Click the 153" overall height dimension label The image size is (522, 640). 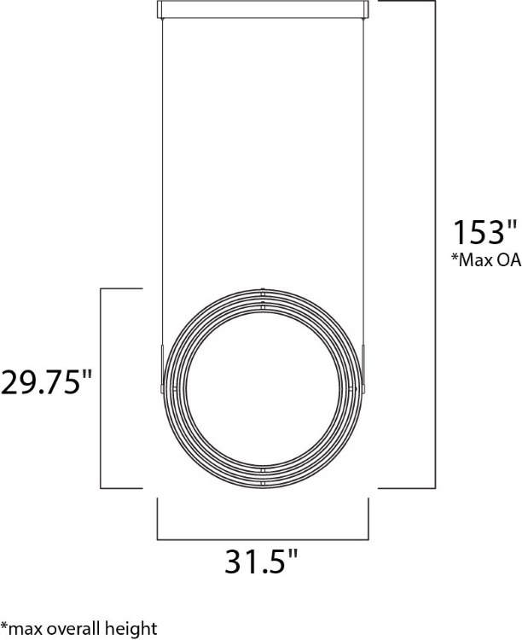click(484, 233)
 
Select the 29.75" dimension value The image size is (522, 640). click(46, 381)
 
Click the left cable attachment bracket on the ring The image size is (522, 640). click(160, 368)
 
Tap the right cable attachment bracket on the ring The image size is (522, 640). click(363, 368)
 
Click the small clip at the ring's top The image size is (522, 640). click(263, 293)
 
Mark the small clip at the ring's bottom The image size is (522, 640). click(263, 484)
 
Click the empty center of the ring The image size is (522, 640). click(262, 388)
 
